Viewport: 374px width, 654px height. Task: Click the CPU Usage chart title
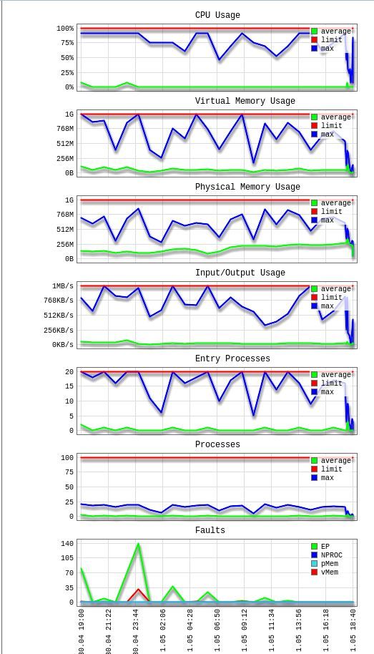(217, 15)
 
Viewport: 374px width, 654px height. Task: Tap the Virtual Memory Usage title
(245, 101)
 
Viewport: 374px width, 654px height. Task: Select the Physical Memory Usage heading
(247, 187)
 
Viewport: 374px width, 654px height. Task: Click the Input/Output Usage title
(240, 273)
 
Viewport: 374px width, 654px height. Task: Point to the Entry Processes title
(232, 358)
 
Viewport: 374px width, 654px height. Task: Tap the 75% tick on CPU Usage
(66, 43)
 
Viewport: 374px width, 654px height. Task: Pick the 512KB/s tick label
(59, 315)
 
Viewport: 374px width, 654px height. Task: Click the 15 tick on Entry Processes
(69, 386)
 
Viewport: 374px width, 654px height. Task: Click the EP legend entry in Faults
(320, 547)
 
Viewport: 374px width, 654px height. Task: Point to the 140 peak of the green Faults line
(138, 544)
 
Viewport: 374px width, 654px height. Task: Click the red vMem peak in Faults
(139, 590)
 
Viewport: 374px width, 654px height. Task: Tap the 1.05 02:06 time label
(162, 632)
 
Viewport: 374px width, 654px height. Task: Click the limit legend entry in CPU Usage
(327, 40)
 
